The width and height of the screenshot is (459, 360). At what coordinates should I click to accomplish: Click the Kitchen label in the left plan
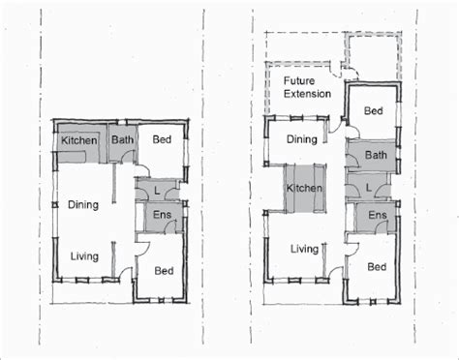tap(79, 140)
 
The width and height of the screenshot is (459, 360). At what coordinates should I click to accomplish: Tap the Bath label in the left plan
tap(122, 139)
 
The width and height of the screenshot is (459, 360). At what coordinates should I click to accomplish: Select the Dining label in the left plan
tap(83, 205)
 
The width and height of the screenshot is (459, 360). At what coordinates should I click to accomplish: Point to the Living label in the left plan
tap(84, 256)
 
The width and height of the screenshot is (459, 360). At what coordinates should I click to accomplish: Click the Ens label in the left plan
tap(162, 215)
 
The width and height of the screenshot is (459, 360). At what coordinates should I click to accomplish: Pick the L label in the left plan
tap(157, 191)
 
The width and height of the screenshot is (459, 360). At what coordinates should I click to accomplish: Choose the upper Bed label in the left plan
tap(162, 139)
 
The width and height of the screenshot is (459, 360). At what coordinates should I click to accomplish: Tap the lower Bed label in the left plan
tap(164, 271)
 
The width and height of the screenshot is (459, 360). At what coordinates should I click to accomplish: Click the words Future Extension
tap(307, 87)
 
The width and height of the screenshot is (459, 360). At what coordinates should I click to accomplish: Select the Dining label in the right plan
tap(302, 139)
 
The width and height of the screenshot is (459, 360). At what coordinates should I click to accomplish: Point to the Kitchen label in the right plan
tap(304, 188)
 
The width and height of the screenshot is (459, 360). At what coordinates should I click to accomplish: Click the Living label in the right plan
tap(304, 249)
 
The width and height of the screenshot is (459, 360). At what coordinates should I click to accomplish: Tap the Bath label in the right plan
tap(376, 155)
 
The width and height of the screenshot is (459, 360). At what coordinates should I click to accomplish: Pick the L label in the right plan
tap(369, 188)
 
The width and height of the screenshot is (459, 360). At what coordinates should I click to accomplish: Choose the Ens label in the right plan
tap(378, 215)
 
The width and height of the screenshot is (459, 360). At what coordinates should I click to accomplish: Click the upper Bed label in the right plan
tap(374, 111)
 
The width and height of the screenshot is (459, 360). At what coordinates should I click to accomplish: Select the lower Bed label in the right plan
tap(377, 267)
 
